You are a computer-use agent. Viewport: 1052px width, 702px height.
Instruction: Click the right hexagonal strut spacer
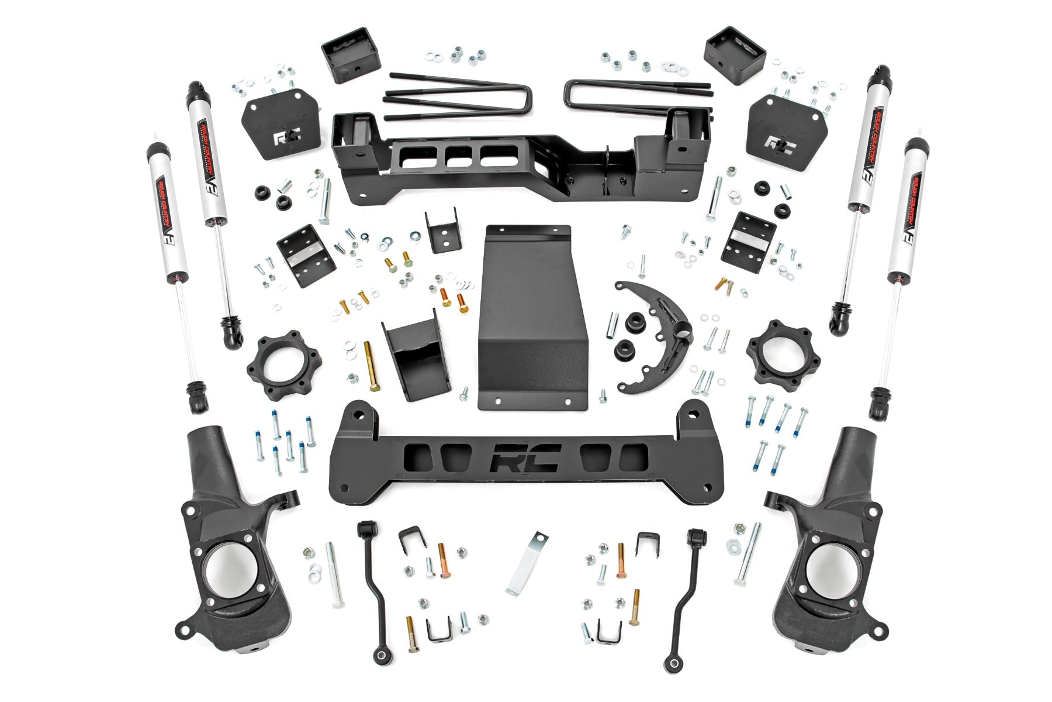tap(775, 352)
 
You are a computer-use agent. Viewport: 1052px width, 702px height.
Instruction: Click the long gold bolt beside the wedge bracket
tap(371, 369)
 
